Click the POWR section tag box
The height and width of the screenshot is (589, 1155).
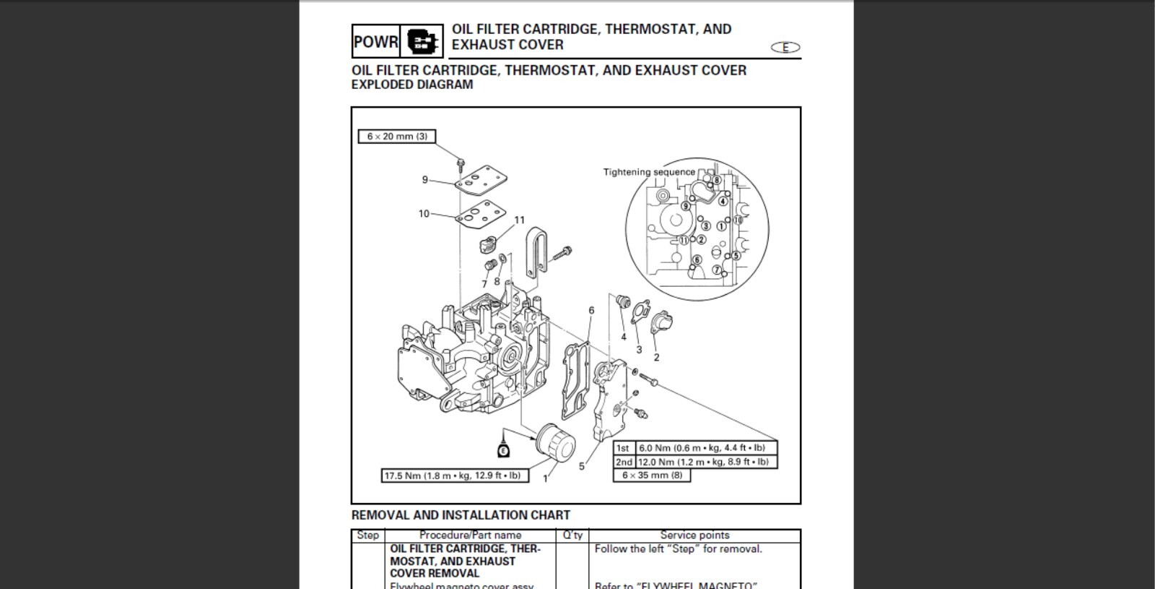click(375, 42)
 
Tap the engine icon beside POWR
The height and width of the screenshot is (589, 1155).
click(423, 42)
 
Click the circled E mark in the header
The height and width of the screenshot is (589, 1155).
click(785, 48)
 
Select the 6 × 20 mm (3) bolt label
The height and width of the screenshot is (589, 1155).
click(397, 137)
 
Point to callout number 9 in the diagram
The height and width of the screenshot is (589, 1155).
click(425, 180)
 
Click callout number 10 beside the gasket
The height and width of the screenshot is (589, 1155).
click(424, 214)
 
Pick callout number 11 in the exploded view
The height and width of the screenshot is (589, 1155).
click(520, 220)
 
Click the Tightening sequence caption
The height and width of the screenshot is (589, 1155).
click(649, 172)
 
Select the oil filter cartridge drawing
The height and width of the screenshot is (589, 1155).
click(556, 445)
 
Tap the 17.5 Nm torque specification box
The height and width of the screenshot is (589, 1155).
click(455, 476)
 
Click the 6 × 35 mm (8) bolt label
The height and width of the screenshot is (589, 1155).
click(652, 476)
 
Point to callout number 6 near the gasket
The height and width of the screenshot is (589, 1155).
click(591, 311)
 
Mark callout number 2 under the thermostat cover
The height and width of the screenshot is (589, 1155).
click(656, 357)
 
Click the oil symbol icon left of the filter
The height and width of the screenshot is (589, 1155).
click(504, 450)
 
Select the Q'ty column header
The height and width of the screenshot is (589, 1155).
click(572, 536)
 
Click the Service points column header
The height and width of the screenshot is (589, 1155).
click(694, 536)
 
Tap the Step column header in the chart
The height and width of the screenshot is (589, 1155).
click(368, 536)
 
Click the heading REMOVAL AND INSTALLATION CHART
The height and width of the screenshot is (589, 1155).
click(461, 515)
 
